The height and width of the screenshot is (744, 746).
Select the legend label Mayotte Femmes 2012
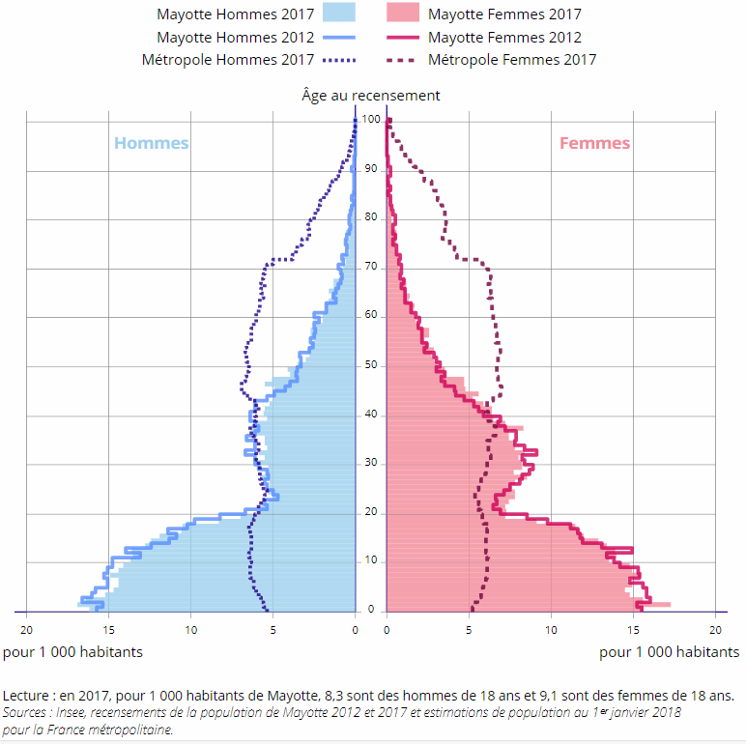[x=504, y=38]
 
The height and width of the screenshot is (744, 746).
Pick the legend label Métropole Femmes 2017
[x=511, y=60]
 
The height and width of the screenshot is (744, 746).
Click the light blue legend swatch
[x=337, y=14]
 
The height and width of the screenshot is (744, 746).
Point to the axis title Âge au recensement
[x=371, y=95]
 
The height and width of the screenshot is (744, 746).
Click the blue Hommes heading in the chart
[x=152, y=143]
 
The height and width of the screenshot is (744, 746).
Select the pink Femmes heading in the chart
[x=594, y=143]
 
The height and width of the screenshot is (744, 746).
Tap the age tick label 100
[x=371, y=120]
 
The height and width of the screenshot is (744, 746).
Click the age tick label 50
[x=371, y=366]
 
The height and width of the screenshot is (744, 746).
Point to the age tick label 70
[x=371, y=268]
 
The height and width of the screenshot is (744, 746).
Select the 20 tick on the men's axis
[x=27, y=629]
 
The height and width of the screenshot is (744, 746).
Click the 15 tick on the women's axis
[x=633, y=629]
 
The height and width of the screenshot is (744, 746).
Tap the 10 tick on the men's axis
[x=191, y=629]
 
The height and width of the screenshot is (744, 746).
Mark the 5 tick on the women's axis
[x=469, y=629]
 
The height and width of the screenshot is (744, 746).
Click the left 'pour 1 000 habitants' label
[x=72, y=651]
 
